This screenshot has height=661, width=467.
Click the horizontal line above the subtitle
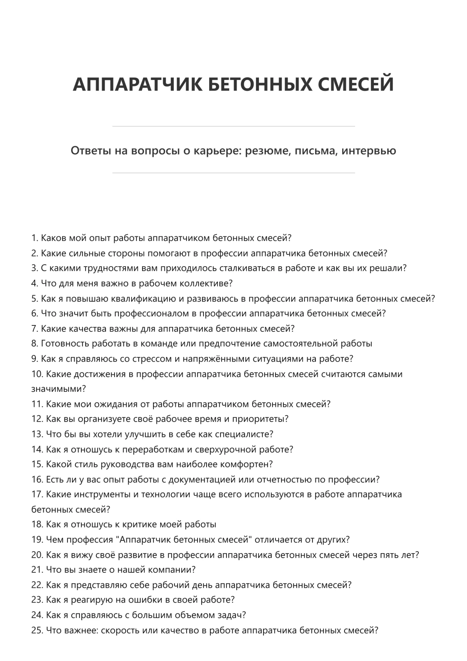[x=233, y=126]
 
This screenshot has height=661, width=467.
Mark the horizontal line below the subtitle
[x=233, y=173]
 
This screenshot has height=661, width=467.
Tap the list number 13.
[x=37, y=434]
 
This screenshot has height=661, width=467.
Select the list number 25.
[x=37, y=630]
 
